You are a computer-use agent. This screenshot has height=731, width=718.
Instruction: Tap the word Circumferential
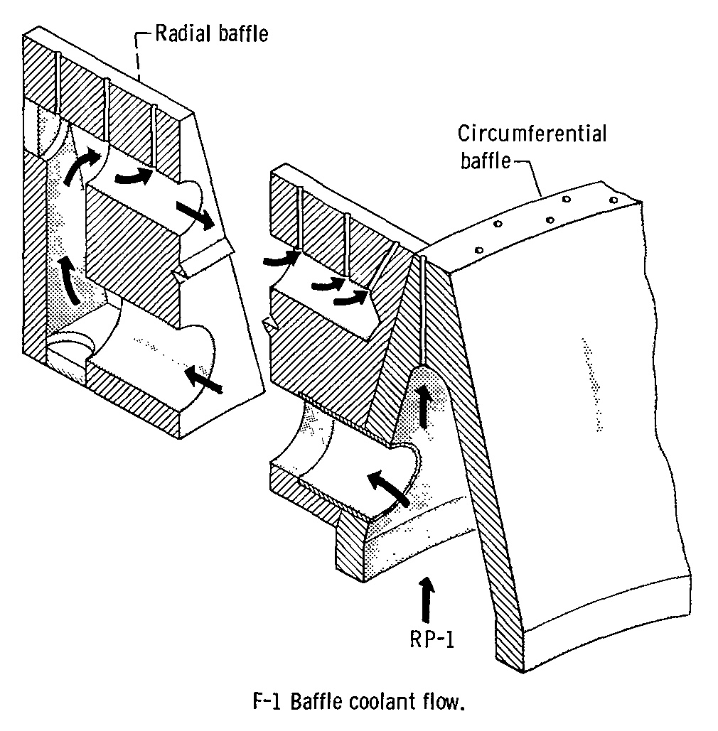[x=532, y=134]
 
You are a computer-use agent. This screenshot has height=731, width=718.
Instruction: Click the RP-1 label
[x=427, y=639]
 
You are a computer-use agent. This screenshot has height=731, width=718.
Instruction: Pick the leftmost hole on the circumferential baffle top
[x=480, y=250]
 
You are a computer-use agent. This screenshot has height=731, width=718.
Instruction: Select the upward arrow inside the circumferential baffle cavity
[x=425, y=406]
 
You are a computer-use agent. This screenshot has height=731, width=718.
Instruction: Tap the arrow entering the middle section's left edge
[x=279, y=259]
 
